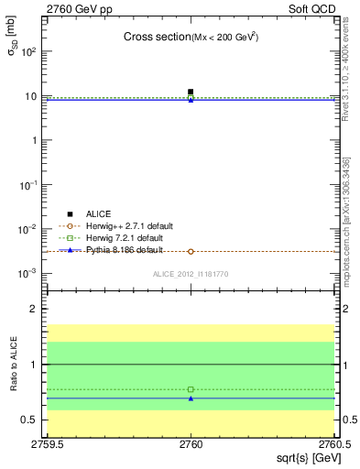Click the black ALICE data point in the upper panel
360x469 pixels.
(x=191, y=92)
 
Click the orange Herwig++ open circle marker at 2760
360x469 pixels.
(x=191, y=251)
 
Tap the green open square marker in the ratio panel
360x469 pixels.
(x=191, y=389)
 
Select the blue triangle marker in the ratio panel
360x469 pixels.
(x=191, y=398)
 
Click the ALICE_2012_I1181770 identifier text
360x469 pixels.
(x=191, y=274)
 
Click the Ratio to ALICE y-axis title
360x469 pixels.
(x=14, y=365)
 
